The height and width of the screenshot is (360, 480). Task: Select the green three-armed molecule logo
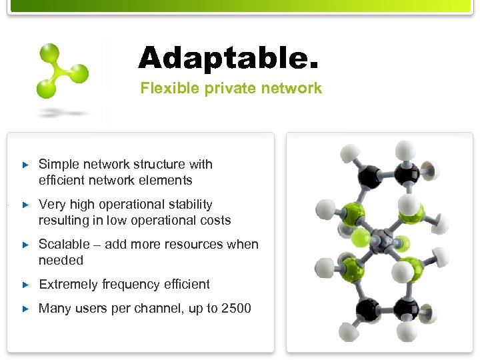[62, 71]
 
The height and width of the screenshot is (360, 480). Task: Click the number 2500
[237, 308]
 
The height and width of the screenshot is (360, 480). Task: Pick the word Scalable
[64, 244]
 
